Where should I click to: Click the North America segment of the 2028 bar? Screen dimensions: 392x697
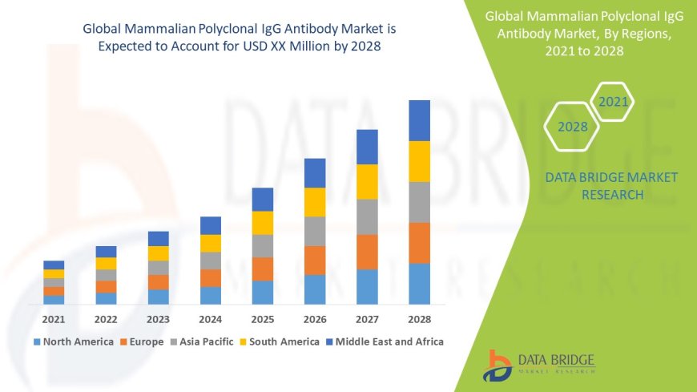(x=419, y=284)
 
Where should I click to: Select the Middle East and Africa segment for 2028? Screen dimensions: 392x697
(x=419, y=120)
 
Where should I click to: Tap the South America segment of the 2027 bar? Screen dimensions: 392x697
(x=367, y=181)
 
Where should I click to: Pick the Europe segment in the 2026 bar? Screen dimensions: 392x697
(x=315, y=260)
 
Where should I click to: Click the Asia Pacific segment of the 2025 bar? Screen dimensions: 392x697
(x=263, y=245)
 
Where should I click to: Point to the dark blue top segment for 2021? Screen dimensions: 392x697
(x=54, y=265)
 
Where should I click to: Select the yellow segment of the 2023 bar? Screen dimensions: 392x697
(x=159, y=253)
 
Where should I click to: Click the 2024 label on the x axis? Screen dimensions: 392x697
(x=211, y=318)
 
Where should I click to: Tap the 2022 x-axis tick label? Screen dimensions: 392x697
(x=106, y=318)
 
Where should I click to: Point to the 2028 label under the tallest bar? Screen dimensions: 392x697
(x=419, y=318)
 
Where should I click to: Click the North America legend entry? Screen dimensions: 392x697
(x=73, y=341)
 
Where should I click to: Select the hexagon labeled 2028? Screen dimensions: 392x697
(x=573, y=127)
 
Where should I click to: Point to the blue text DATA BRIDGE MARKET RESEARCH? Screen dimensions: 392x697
(x=611, y=185)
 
